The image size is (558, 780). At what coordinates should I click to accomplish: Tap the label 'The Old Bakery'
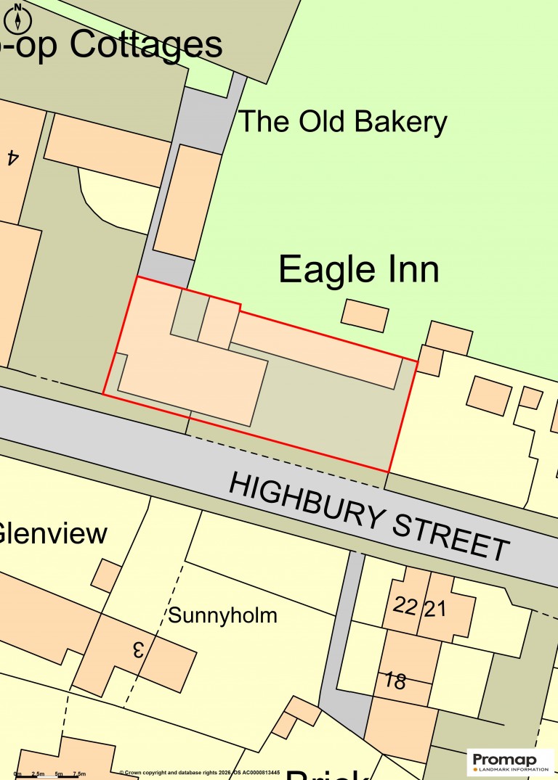[x=342, y=122]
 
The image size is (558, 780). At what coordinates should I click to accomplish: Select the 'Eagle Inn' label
[x=359, y=270]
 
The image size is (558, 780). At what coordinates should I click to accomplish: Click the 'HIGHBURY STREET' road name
[x=369, y=517]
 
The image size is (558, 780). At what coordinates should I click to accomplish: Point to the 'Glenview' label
[x=52, y=534]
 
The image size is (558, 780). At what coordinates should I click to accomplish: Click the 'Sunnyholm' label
[x=222, y=616]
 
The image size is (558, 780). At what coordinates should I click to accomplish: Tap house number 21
[x=434, y=608]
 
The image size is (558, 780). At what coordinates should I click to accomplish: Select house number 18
[x=396, y=681]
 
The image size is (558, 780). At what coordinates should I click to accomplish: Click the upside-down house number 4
[x=12, y=157]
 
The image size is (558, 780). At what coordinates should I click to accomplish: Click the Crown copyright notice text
[x=199, y=773]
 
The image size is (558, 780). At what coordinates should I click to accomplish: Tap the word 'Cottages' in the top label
[x=146, y=45]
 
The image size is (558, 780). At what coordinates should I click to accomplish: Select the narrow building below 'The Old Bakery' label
[x=187, y=202]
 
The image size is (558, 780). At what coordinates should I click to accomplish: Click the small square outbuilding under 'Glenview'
[x=106, y=575]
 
